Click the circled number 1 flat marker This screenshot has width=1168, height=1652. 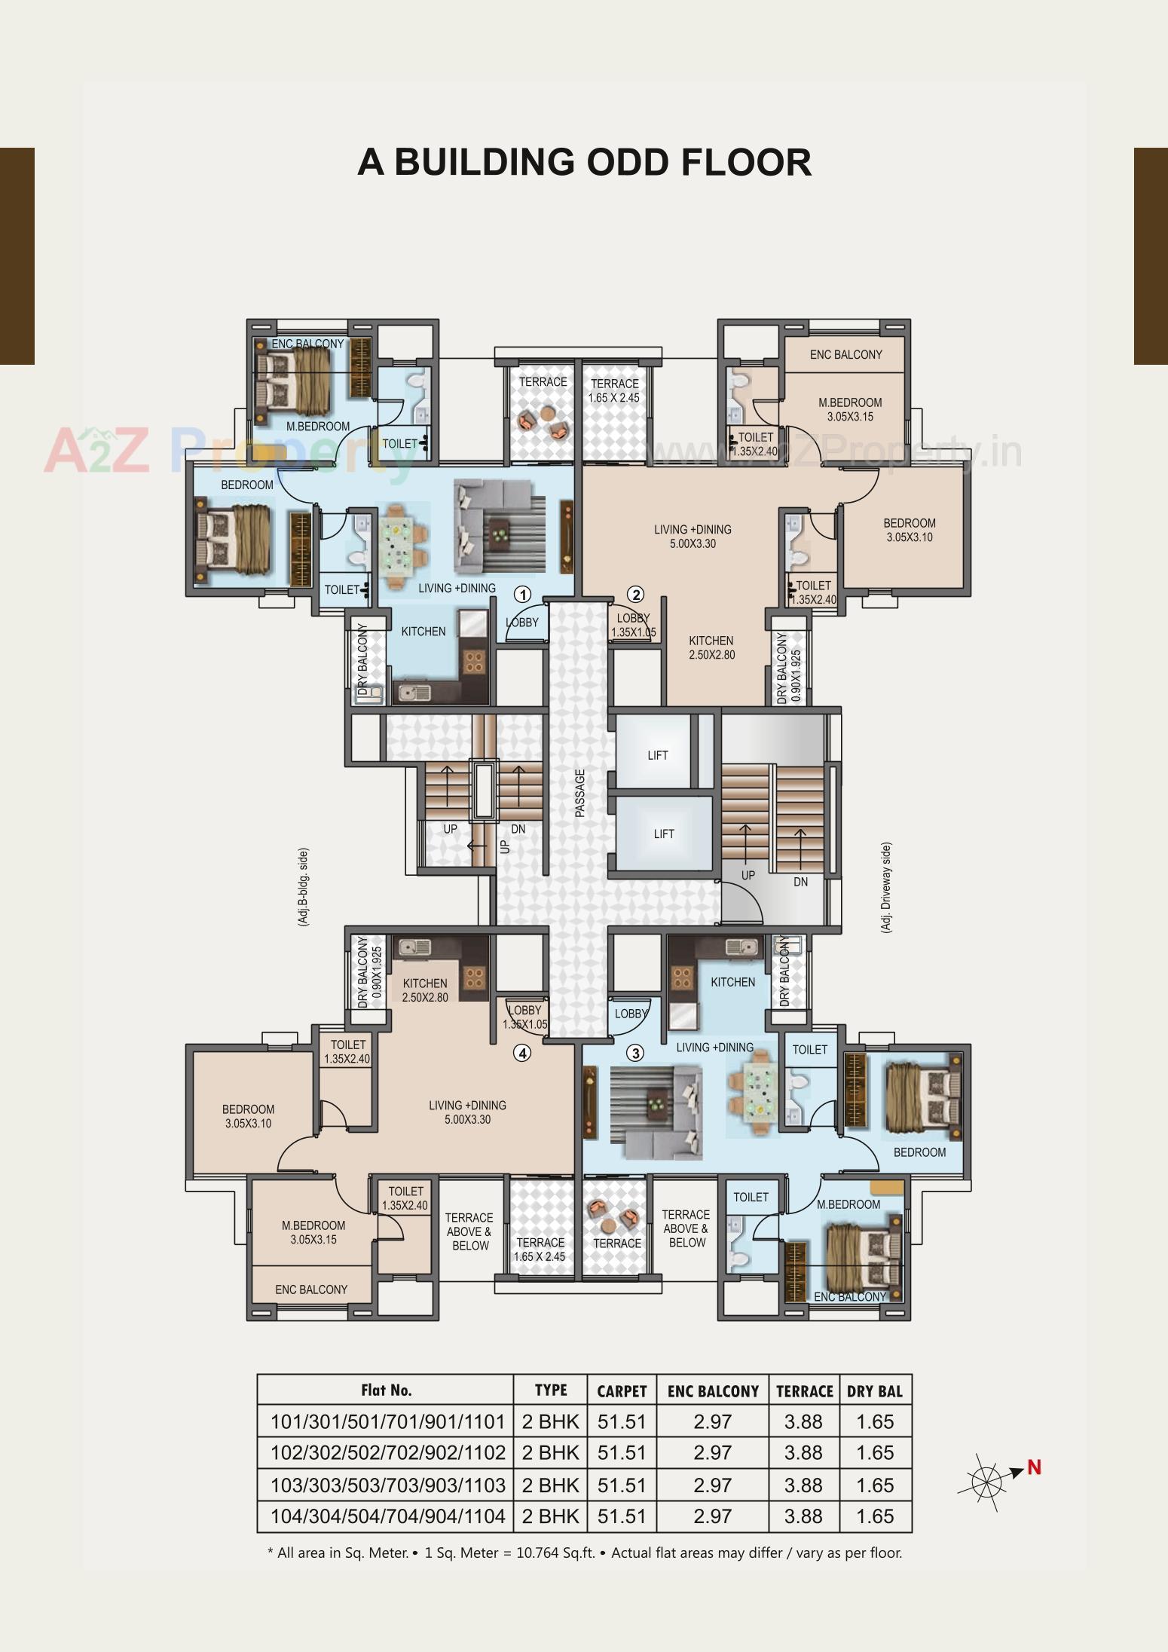[522, 595]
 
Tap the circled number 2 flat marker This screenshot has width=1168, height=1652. [636, 595]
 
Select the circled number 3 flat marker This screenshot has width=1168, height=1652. [636, 1053]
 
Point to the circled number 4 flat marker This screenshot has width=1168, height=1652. [522, 1053]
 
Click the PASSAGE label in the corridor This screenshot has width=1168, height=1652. [579, 793]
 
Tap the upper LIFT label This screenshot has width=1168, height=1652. [658, 755]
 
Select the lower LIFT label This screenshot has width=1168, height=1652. [664, 834]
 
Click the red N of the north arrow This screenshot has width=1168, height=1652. [1034, 1467]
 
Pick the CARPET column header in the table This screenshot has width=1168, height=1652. [622, 1391]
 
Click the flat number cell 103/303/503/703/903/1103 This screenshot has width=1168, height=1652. [387, 1485]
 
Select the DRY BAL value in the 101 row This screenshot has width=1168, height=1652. [875, 1422]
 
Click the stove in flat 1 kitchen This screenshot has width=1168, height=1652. [474, 661]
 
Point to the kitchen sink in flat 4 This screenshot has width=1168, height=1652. [413, 948]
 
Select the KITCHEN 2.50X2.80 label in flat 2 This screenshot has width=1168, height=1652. [711, 647]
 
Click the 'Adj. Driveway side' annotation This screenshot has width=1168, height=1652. [886, 888]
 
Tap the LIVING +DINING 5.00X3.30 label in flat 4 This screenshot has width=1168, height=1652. [467, 1112]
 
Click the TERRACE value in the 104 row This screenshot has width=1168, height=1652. [803, 1516]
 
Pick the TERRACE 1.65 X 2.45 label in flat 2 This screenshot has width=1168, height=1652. [615, 390]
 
